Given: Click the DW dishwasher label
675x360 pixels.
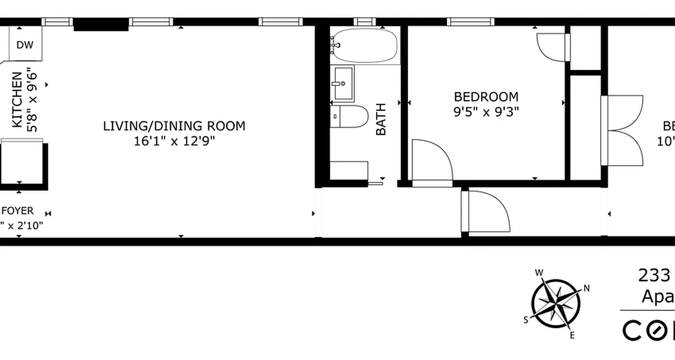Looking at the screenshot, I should pyautogui.click(x=25, y=45).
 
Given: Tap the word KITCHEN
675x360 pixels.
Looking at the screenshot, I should pyautogui.click(x=17, y=99).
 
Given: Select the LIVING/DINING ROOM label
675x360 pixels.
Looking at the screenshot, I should pyautogui.click(x=174, y=126).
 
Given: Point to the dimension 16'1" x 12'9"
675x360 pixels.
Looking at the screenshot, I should pyautogui.click(x=174, y=141).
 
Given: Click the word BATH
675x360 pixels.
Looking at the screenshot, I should pyautogui.click(x=381, y=119).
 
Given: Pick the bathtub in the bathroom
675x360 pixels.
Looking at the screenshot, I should pyautogui.click(x=365, y=46).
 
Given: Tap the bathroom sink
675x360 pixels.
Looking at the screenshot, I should pyautogui.click(x=343, y=83).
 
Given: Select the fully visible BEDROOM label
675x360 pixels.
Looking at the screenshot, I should pyautogui.click(x=486, y=97).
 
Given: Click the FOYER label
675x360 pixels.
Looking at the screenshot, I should pyautogui.click(x=18, y=211).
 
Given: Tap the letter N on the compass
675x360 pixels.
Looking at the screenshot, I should pyautogui.click(x=586, y=288).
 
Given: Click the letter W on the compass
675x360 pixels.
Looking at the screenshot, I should pyautogui.click(x=539, y=272).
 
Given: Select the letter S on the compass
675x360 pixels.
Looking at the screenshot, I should pyautogui.click(x=526, y=320).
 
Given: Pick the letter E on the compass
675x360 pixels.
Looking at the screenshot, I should pyautogui.click(x=572, y=335).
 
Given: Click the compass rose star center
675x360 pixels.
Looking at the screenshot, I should pyautogui.click(x=556, y=304).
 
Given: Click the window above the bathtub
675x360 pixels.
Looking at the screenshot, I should pyautogui.click(x=364, y=22).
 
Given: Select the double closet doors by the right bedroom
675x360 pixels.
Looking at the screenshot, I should pyautogui.click(x=623, y=130).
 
